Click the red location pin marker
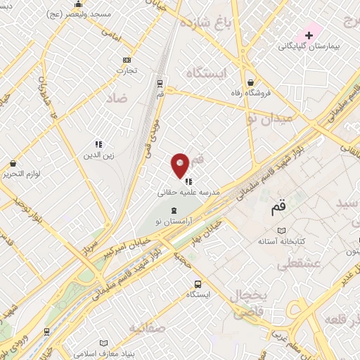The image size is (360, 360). coord(180,165)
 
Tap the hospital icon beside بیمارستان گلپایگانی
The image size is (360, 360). coord(309,34)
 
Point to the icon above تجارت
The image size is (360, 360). coord(127,60)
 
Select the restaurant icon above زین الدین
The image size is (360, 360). coord(98,144)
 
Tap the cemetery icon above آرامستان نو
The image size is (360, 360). coord(174,210)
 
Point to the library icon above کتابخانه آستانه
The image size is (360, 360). coord(282,231)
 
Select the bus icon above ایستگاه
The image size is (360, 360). coord(198,284)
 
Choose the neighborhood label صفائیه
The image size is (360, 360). coord(148,328)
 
